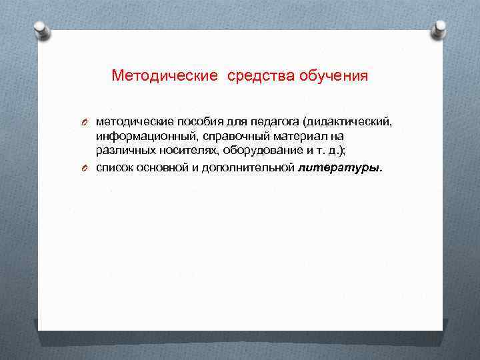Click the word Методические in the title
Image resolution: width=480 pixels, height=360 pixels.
(x=165, y=76)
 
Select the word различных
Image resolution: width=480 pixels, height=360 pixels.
(x=125, y=152)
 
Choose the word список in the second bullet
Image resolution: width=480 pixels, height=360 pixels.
(x=116, y=168)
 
